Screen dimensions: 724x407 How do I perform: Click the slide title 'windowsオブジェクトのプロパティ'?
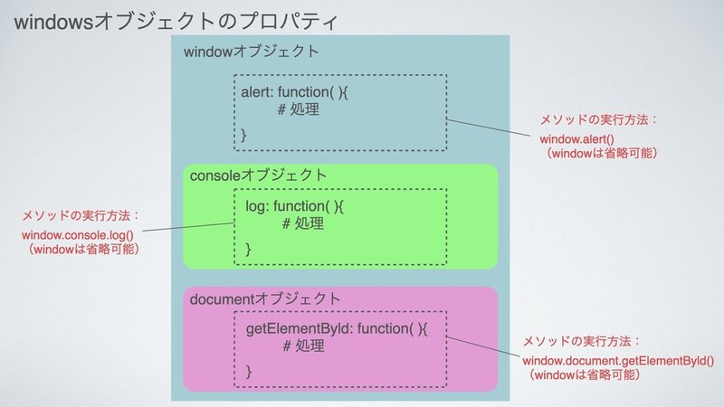pyautogui.click(x=176, y=22)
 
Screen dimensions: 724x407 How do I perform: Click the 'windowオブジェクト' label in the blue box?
pyautogui.click(x=252, y=52)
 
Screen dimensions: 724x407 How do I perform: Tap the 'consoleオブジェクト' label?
pyautogui.click(x=258, y=175)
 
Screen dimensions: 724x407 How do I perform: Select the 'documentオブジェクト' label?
pyautogui.click(x=265, y=299)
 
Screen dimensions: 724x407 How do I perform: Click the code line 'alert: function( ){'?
pyautogui.click(x=295, y=92)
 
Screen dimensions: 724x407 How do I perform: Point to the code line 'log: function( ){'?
pyautogui.click(x=295, y=206)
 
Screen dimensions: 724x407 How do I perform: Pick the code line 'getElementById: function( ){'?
pyautogui.click(x=337, y=329)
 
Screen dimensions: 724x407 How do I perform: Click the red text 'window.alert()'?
pyautogui.click(x=576, y=139)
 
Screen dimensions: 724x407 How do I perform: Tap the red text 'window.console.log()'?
pyautogui.click(x=78, y=235)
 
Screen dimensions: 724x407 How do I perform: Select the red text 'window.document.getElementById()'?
pyautogui.click(x=618, y=361)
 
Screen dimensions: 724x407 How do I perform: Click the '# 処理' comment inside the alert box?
pyautogui.click(x=299, y=109)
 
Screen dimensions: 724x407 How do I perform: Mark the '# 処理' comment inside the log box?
pyautogui.click(x=303, y=223)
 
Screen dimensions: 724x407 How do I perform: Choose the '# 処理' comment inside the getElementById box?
pyautogui.click(x=303, y=345)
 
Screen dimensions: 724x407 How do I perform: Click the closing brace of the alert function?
pyautogui.click(x=243, y=135)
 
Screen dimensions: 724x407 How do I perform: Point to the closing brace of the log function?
pyautogui.click(x=248, y=250)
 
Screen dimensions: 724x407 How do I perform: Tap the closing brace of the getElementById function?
pyautogui.click(x=248, y=372)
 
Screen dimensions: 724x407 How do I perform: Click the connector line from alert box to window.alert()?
pyautogui.click(x=489, y=128)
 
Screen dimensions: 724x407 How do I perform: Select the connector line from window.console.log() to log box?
pyautogui.click(x=188, y=227)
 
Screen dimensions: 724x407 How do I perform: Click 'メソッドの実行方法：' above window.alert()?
pyautogui.click(x=598, y=120)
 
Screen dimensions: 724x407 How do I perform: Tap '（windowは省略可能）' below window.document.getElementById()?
pyautogui.click(x=584, y=374)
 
